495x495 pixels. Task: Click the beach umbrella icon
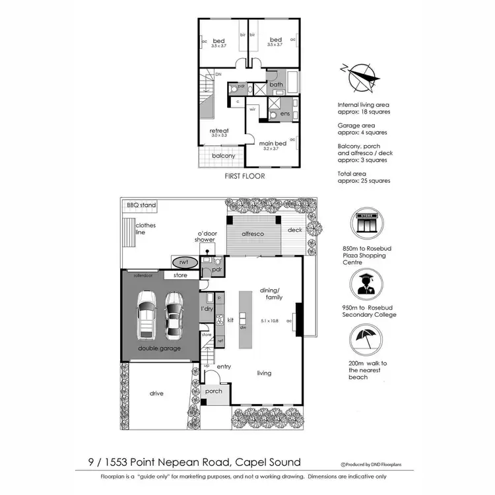pyautogui.click(x=365, y=345)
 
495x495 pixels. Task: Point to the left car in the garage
pyautogui.click(x=146, y=314)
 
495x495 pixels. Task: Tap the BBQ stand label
pyautogui.click(x=141, y=205)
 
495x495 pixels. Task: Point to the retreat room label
pyautogui.click(x=218, y=131)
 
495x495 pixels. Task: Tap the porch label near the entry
pyautogui.click(x=213, y=391)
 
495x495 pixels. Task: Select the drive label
pyautogui.click(x=156, y=393)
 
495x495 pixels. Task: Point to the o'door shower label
pyautogui.click(x=205, y=236)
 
